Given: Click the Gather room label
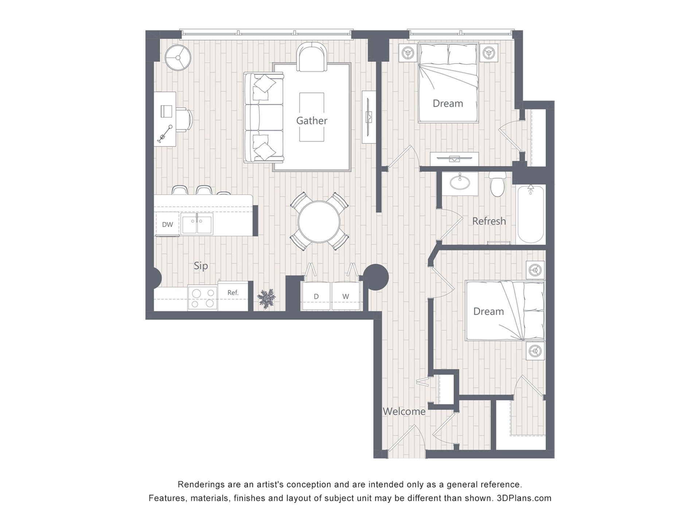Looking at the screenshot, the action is [x=311, y=121].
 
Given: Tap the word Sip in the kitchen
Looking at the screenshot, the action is [x=201, y=266].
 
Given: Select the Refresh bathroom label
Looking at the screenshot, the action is [x=489, y=221].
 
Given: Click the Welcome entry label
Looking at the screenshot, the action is [x=404, y=411].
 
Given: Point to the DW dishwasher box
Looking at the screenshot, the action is [x=167, y=224].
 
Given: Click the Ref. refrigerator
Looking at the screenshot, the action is [x=233, y=296].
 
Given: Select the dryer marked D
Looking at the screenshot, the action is [x=316, y=296].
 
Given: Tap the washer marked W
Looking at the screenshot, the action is [x=346, y=296].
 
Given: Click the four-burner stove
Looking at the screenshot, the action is [x=203, y=298].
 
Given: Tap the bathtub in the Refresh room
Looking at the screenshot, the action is [x=531, y=214].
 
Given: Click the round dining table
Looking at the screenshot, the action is [x=319, y=222].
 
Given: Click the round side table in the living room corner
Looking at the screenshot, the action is [x=178, y=58].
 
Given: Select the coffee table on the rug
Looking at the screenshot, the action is [x=312, y=117].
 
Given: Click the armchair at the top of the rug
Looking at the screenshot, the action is [x=312, y=57].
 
